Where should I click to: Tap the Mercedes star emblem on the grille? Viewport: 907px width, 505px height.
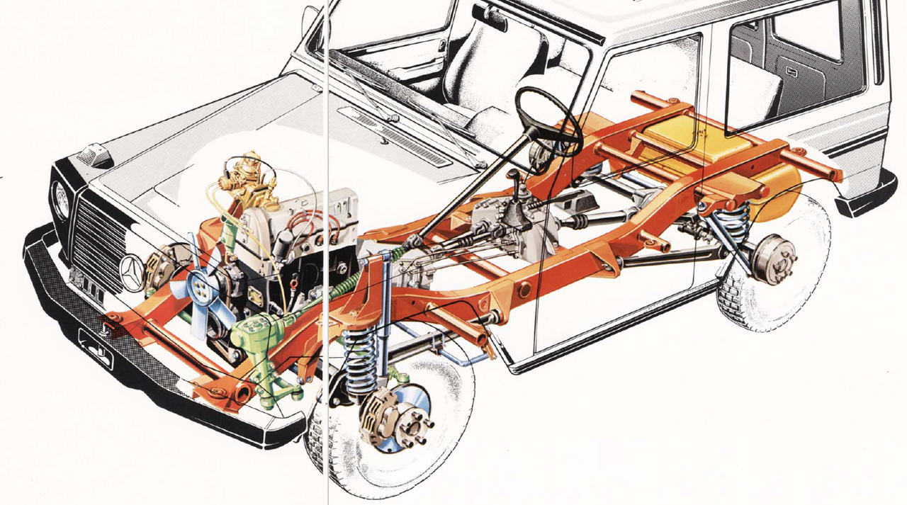point(132,269)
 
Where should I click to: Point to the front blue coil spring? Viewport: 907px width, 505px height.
point(361,357)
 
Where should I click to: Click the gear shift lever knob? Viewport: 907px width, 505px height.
point(512,174)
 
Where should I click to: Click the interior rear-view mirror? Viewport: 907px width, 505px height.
point(490,17)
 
